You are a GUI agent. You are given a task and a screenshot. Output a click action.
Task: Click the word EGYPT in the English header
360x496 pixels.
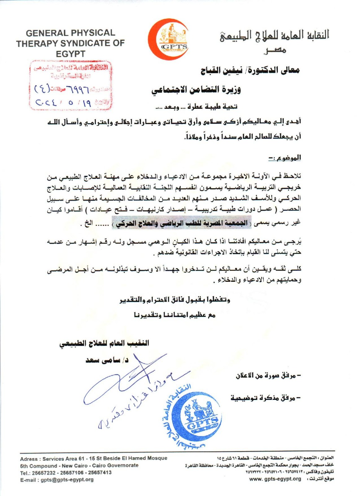(71, 54)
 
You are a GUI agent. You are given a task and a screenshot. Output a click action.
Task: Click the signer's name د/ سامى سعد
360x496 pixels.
(107, 360)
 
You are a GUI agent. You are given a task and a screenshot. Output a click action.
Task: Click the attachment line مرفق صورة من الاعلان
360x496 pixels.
(268, 375)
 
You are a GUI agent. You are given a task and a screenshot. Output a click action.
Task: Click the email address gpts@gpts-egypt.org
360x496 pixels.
(67, 480)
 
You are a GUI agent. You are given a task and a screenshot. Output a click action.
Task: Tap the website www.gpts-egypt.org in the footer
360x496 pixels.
(275, 479)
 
